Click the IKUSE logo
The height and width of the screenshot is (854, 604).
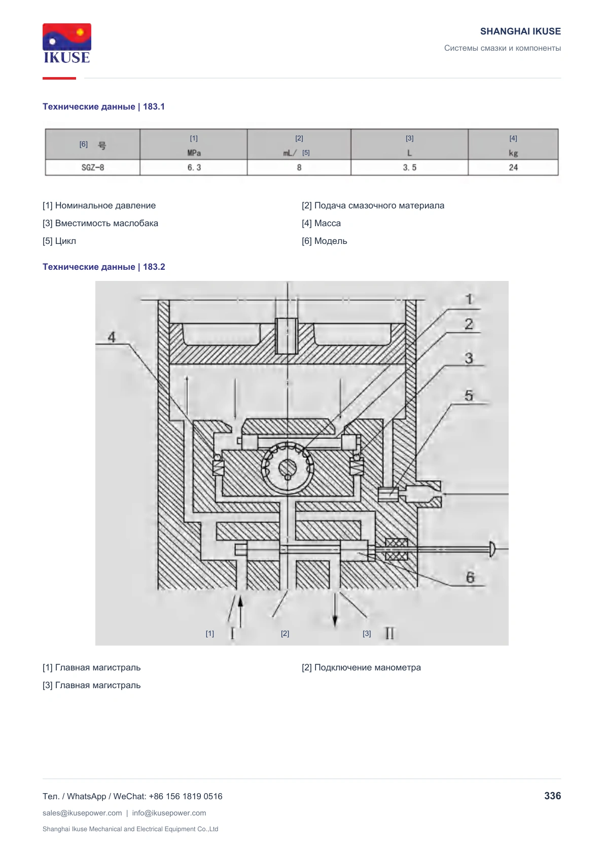tap(67, 43)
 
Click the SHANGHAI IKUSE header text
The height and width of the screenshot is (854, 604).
tap(520, 31)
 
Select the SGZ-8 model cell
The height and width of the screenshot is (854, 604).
tap(93, 167)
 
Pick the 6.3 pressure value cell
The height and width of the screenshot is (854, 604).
tap(194, 167)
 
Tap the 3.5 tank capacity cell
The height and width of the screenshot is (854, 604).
tap(410, 167)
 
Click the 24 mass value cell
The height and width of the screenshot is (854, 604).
tap(513, 167)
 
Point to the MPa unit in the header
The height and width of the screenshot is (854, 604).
tap(194, 153)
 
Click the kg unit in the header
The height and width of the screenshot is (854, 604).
tap(513, 153)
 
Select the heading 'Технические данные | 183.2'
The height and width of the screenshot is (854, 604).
tap(104, 267)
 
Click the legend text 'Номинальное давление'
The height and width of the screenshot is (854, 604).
tap(105, 205)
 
